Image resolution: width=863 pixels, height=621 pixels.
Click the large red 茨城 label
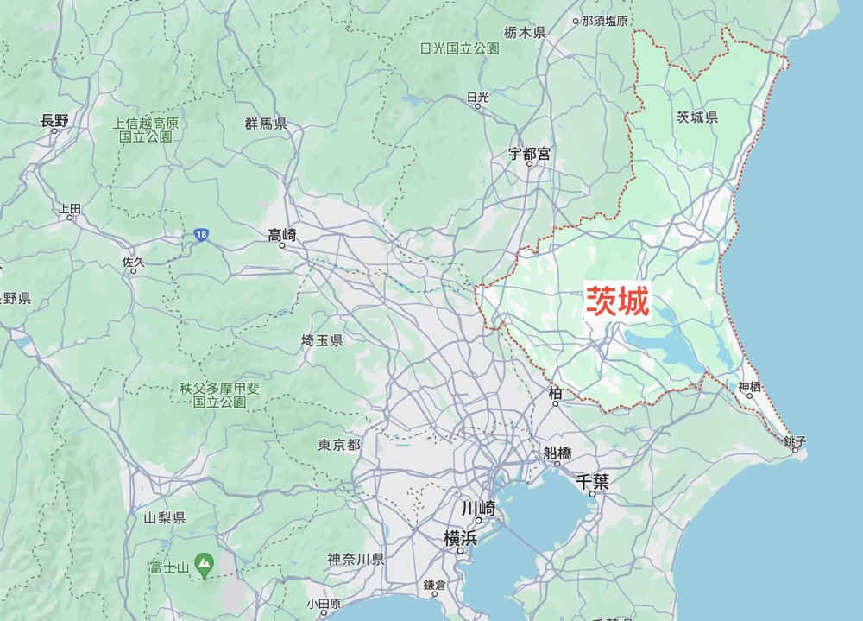tap(618, 301)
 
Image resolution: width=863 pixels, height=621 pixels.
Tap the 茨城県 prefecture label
tap(696, 117)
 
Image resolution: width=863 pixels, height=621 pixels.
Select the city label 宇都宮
tap(529, 154)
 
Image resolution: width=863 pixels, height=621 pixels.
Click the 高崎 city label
tap(282, 234)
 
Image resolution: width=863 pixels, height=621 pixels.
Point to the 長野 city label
tap(54, 121)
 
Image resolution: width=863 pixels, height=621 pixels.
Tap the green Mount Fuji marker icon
tap(204, 567)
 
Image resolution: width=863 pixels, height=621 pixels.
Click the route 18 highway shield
tap(200, 235)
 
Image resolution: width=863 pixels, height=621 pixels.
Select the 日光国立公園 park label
tap(459, 48)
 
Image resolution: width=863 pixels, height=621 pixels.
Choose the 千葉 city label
tap(594, 482)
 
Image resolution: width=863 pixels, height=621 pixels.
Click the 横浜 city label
tap(460, 537)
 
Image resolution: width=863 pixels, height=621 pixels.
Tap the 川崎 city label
tap(477, 507)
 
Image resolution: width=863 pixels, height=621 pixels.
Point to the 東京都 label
tap(339, 445)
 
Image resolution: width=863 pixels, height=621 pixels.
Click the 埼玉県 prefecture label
tap(322, 341)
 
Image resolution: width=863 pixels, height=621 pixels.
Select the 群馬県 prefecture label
tap(266, 124)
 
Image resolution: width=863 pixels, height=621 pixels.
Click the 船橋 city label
tap(557, 453)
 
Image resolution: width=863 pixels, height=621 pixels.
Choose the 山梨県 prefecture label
tap(165, 518)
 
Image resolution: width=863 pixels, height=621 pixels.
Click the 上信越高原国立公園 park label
tap(146, 130)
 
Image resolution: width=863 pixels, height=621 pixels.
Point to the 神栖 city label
tap(750, 386)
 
